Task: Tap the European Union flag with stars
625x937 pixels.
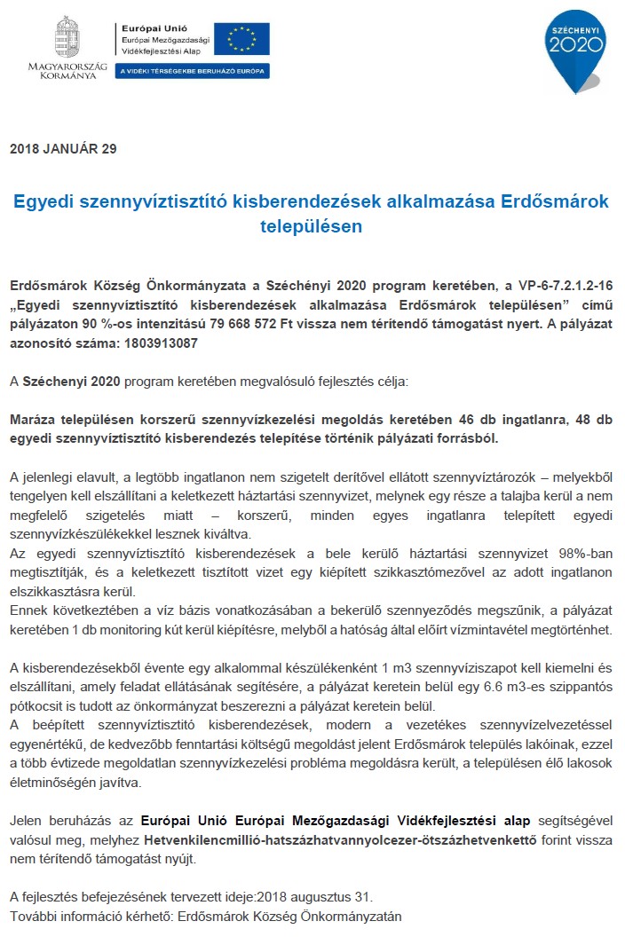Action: pyautogui.click(x=241, y=39)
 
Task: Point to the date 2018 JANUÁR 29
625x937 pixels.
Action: pyautogui.click(x=63, y=149)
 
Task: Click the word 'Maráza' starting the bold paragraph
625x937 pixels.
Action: pyautogui.click(x=36, y=419)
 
